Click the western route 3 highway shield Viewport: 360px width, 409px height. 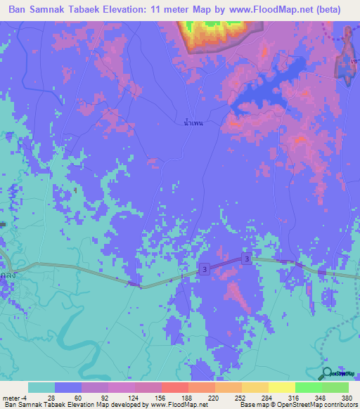[203, 269]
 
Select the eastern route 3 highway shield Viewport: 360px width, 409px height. [246, 259]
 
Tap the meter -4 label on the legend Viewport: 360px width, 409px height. [15, 398]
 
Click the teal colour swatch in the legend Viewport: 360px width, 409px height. [41, 387]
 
